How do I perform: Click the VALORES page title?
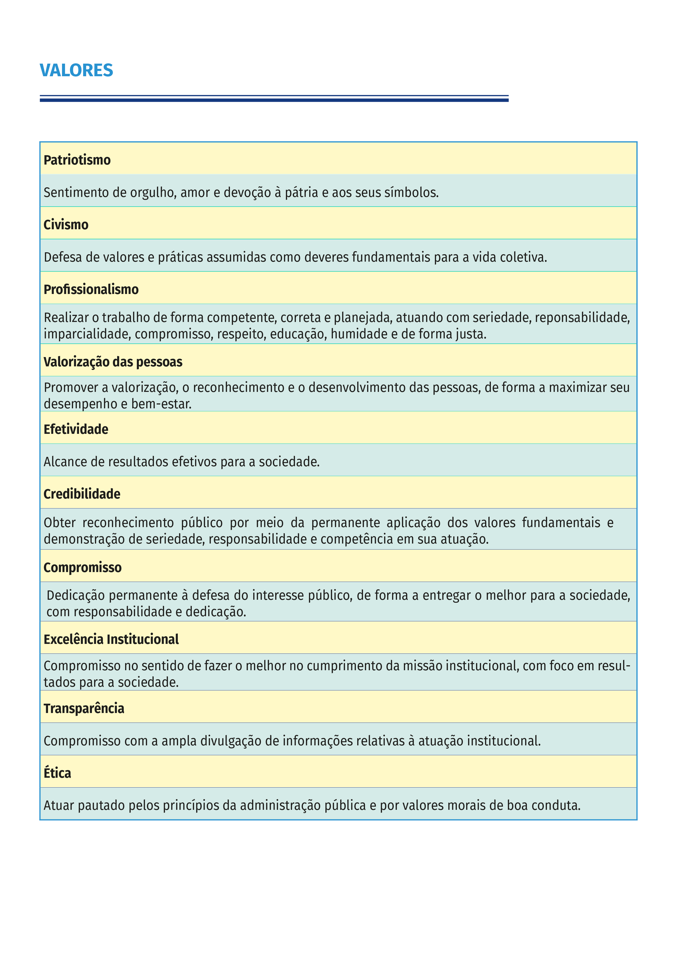coord(76,70)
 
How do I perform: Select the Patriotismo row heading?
coord(77,160)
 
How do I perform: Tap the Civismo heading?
coord(66,225)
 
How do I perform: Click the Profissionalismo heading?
coord(91,290)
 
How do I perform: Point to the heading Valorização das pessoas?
coord(113,362)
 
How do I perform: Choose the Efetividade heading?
coord(76,429)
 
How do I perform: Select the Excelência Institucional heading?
coord(111,640)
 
